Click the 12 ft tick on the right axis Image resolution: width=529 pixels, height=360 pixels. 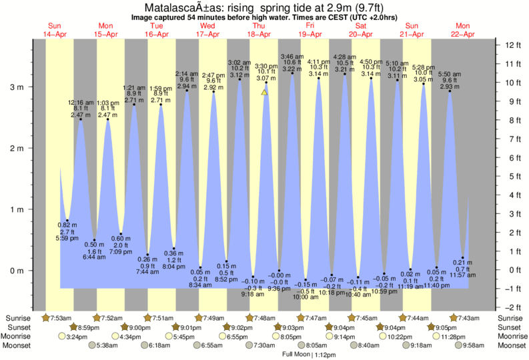[512, 45]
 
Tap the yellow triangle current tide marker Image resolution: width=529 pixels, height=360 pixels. [264, 93]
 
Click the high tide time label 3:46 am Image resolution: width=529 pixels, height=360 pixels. [292, 57]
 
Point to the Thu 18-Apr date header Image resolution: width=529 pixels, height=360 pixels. [259, 31]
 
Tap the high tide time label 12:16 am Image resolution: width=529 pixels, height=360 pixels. [81, 103]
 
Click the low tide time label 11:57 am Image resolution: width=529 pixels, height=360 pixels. [463, 275]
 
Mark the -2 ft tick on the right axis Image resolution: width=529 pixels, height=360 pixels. [512, 307]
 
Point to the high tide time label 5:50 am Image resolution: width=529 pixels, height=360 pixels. [450, 74]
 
